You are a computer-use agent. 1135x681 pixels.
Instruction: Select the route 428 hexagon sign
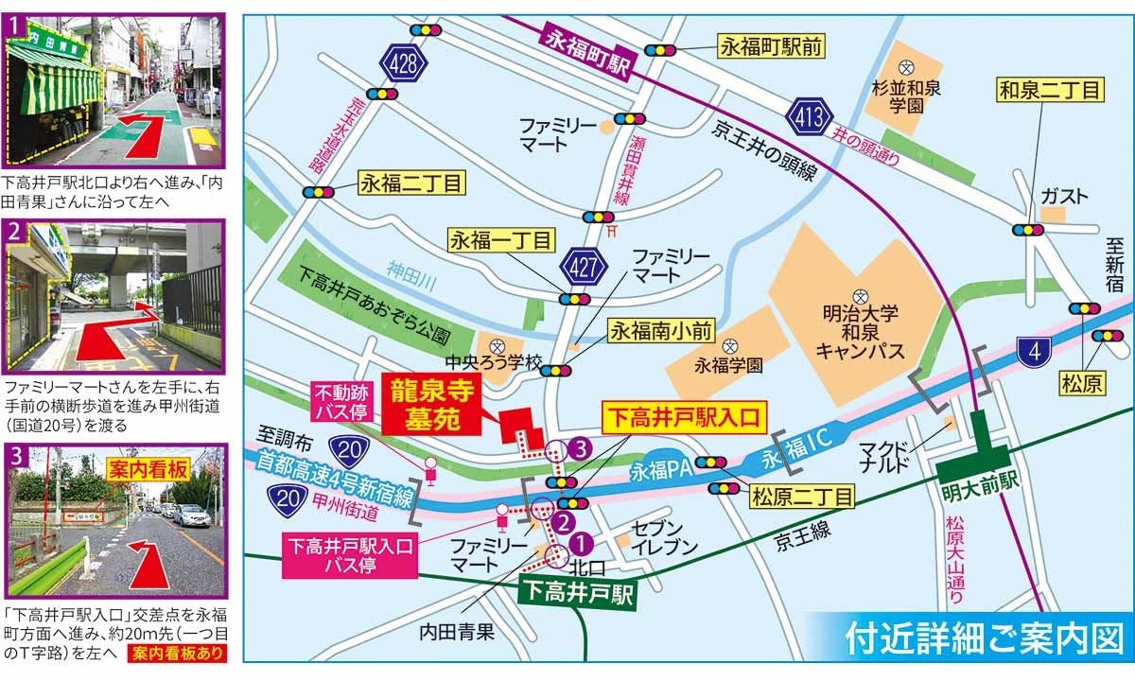404,63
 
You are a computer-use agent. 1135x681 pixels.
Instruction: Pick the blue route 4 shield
1037,352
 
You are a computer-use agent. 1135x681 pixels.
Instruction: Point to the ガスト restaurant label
1065,196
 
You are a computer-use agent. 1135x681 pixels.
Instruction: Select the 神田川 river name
410,271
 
